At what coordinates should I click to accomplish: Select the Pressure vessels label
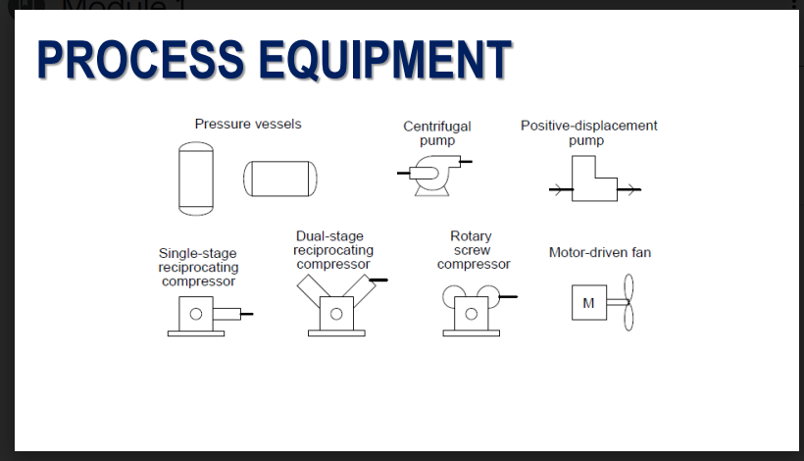tap(248, 125)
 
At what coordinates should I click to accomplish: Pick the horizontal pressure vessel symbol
tap(280, 178)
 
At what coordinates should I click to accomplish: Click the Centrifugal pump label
tap(436, 133)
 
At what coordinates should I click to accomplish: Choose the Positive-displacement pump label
tap(588, 132)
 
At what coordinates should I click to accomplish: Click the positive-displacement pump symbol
tap(594, 183)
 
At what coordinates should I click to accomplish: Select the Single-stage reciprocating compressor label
tap(198, 267)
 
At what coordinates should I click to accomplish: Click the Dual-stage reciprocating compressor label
tap(333, 250)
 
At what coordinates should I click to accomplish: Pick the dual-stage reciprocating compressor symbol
tap(336, 307)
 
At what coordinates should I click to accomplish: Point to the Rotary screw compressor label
tap(473, 250)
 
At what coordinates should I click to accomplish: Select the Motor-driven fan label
tap(599, 253)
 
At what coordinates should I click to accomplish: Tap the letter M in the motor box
tap(587, 303)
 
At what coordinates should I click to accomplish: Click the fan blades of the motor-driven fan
tap(628, 302)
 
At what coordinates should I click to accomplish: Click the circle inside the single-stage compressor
tap(196, 315)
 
